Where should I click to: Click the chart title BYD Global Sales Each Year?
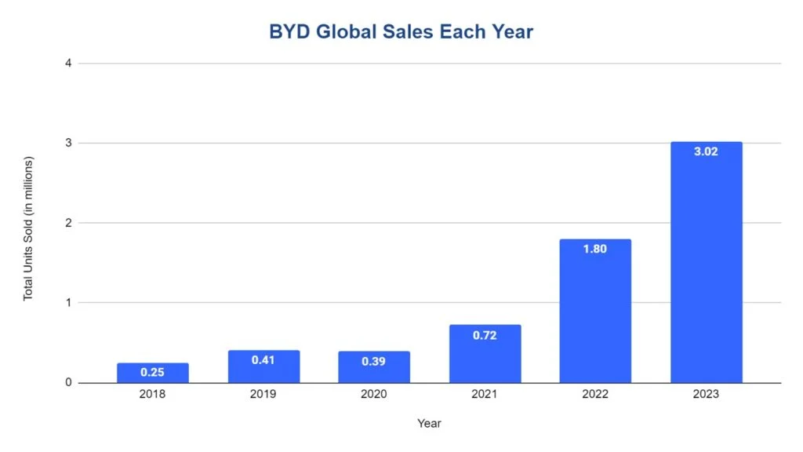pos(401,32)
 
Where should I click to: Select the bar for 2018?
pos(153,374)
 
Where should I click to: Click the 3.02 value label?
pos(706,151)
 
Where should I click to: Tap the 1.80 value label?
pos(595,249)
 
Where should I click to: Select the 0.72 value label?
pos(485,335)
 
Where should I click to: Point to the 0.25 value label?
pos(153,372)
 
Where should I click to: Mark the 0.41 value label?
pos(263,359)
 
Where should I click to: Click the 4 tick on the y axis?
pos(68,63)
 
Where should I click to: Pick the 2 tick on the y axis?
pos(68,223)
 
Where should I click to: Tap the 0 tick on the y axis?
pos(68,383)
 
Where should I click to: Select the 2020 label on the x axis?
pos(374,395)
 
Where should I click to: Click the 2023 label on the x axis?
pos(706,395)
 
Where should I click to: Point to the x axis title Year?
pos(429,424)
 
